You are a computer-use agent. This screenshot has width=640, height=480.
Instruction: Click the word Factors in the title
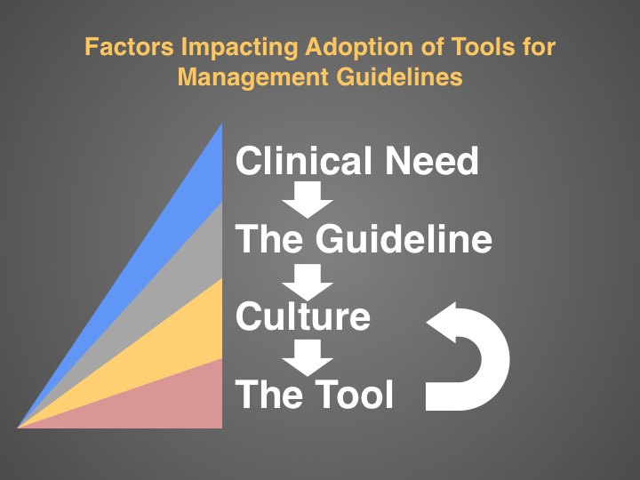130,46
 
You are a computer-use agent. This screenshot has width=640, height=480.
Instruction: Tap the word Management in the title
253,77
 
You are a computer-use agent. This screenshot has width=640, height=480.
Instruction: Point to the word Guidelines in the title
400,76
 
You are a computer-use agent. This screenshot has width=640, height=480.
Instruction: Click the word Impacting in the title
240,47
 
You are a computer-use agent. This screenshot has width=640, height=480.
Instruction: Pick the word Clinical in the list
304,160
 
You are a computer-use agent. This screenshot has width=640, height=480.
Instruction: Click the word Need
432,160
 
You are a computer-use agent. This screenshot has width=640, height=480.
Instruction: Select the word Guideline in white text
404,238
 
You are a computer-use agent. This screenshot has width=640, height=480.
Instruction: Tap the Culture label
303,316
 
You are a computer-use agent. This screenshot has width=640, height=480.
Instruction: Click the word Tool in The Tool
355,394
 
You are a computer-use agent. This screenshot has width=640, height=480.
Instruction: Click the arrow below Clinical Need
308,200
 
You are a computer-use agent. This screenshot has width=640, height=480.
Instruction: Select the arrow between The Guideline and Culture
308,283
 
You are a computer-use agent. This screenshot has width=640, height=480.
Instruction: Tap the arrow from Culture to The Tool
308,358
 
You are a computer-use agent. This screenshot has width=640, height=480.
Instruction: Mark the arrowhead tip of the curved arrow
427,322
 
